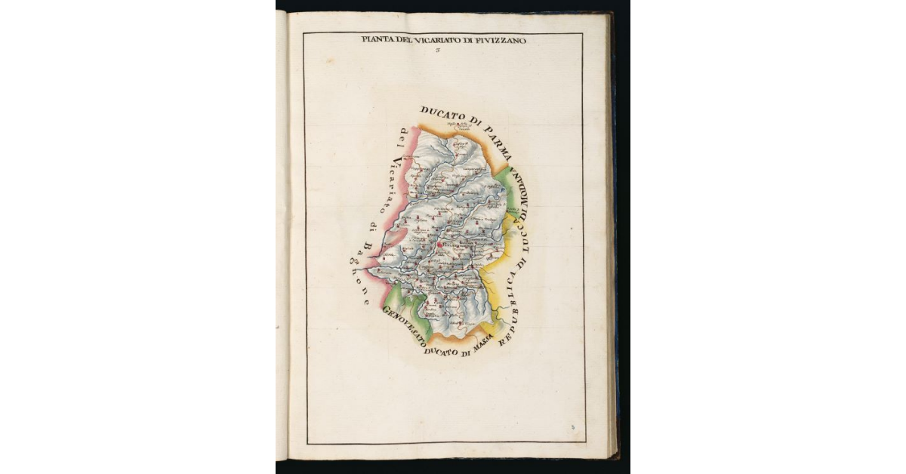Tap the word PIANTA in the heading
click(375, 41)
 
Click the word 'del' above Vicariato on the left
click(403, 137)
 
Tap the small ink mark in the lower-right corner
click(573, 428)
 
